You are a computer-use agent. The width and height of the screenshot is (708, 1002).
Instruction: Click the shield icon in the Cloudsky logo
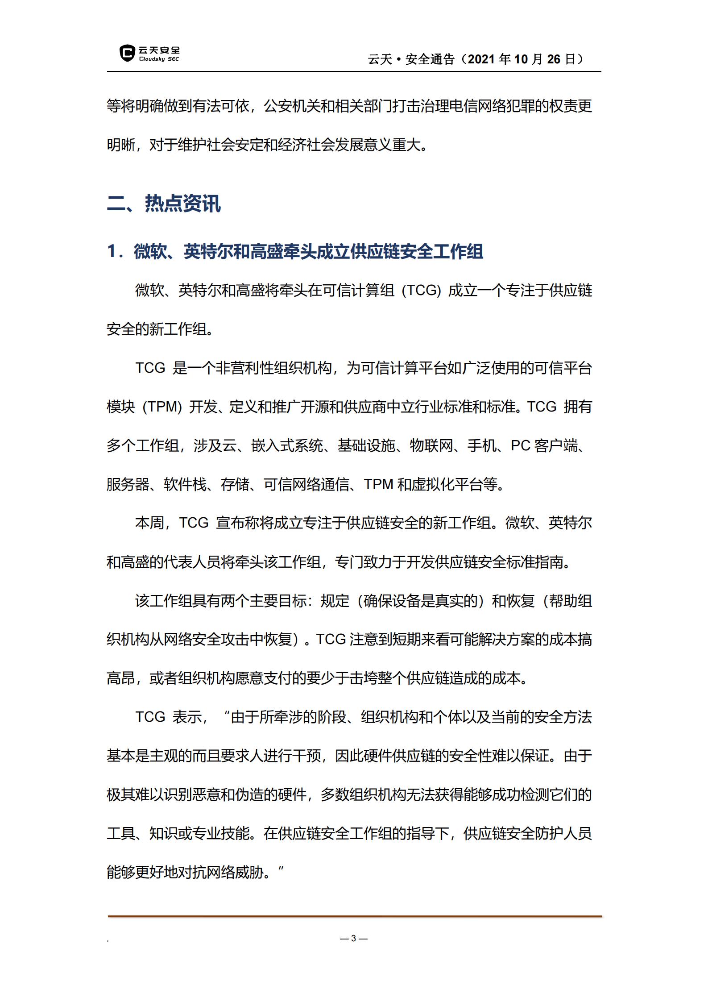(x=127, y=53)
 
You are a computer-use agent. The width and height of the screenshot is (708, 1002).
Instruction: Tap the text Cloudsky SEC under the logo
(x=159, y=59)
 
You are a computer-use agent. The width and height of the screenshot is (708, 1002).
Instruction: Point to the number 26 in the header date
(x=553, y=59)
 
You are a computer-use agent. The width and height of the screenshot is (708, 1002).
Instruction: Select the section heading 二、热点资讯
(x=164, y=204)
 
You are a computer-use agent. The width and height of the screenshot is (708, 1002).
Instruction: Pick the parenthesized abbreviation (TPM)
(x=162, y=407)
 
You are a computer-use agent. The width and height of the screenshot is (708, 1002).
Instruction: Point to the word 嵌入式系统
(x=287, y=446)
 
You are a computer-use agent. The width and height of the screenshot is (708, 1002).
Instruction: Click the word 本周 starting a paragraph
(x=149, y=523)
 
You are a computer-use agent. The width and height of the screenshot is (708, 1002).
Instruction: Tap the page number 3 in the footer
(x=353, y=939)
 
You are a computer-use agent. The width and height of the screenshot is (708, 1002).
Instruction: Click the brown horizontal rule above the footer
(x=354, y=916)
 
